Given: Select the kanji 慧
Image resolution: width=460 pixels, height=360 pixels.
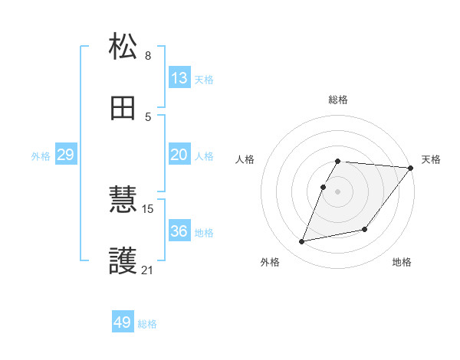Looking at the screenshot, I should tap(123, 200).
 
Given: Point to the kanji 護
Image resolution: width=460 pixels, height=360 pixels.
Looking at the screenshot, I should tap(123, 261).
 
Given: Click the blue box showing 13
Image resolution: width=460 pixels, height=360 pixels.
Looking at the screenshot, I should tap(179, 78).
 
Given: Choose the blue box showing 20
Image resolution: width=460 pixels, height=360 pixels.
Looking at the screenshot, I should tap(179, 155).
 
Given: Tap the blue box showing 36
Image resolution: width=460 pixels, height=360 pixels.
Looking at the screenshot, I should tap(179, 231).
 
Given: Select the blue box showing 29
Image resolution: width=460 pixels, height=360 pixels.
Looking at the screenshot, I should tap(65, 155).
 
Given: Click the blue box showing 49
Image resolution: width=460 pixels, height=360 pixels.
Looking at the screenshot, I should tap(123, 322).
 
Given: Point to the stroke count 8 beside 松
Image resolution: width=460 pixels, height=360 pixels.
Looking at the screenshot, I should tap(148, 56).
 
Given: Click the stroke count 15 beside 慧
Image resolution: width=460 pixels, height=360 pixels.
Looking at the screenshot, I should tap(149, 208).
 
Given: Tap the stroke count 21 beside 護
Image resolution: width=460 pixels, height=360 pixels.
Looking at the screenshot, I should tap(148, 270).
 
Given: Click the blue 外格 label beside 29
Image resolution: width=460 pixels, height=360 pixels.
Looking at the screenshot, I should tap(41, 156).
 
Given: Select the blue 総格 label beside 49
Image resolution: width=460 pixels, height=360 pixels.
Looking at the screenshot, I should tap(147, 324).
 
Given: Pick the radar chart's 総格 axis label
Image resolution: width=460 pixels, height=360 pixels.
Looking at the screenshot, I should tap(338, 100).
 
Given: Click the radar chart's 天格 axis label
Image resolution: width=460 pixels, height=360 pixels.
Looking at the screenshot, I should tap(431, 159).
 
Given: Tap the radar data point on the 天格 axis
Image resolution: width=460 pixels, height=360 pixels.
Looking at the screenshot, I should tap(411, 169).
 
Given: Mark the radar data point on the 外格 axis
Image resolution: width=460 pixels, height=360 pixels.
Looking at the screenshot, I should tap(302, 242).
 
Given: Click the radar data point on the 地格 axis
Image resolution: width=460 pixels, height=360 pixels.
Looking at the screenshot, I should tap(365, 229).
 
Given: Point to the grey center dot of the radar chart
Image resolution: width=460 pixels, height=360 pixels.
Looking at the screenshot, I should tap(338, 191).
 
